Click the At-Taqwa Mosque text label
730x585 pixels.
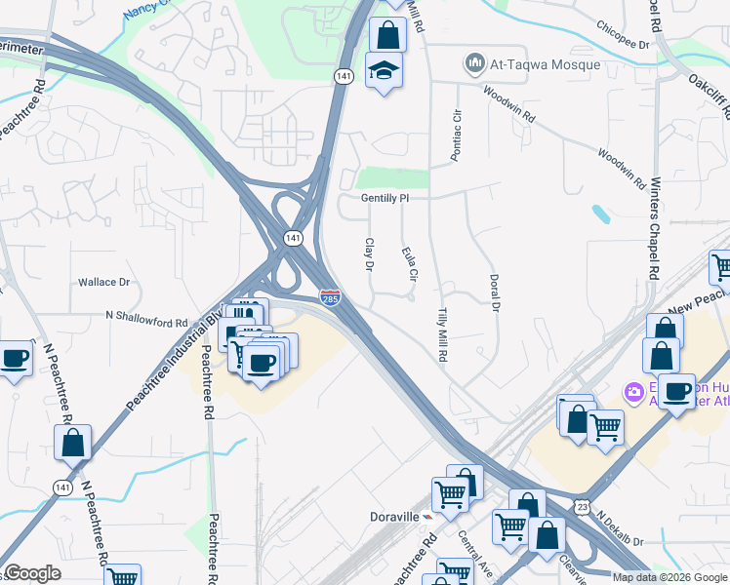[546, 64]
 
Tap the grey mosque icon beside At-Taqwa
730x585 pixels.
[475, 64]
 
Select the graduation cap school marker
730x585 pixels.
[384, 70]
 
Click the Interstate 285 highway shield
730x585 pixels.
[331, 295]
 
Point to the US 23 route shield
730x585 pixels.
[583, 506]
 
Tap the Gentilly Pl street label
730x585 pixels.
[383, 197]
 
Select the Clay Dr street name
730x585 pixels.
[370, 254]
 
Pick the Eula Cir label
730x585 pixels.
[409, 264]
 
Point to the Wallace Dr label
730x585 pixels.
[104, 282]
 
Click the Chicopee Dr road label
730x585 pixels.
[619, 45]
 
